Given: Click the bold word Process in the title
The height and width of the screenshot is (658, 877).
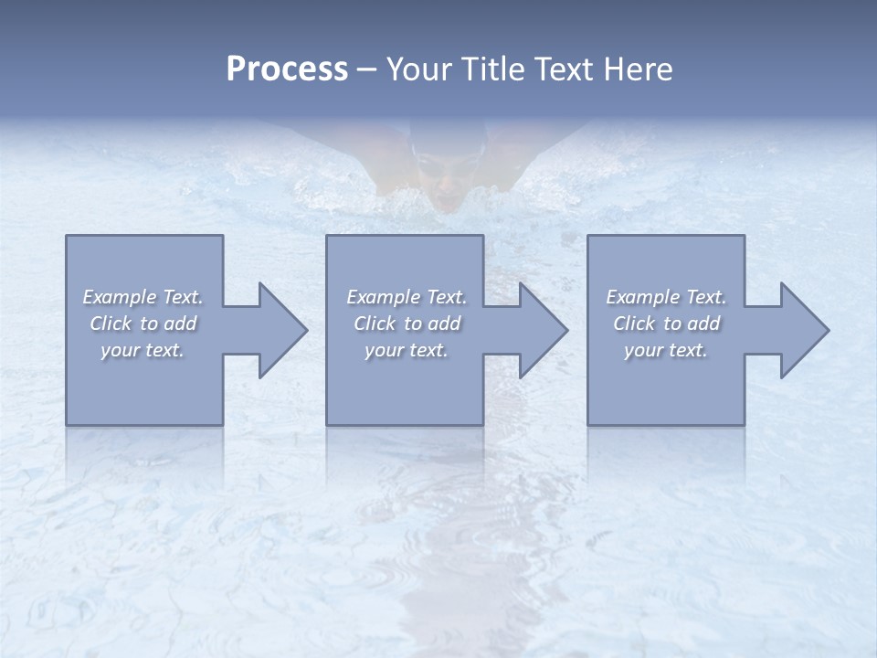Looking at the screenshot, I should [x=287, y=69].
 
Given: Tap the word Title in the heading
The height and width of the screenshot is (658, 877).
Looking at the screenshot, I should [x=492, y=69].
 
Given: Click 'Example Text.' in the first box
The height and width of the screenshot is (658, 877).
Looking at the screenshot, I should [x=143, y=297].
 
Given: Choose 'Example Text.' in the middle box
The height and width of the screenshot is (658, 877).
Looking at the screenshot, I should [x=407, y=297].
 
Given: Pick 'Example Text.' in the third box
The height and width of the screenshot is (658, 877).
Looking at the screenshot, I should [x=666, y=297].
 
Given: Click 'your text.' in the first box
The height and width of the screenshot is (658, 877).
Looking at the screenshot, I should [x=143, y=350].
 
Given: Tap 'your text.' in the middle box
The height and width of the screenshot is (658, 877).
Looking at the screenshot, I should [x=407, y=350].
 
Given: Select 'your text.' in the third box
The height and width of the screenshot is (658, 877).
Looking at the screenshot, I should [x=666, y=350].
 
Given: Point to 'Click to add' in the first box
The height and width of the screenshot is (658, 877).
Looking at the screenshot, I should [x=143, y=324].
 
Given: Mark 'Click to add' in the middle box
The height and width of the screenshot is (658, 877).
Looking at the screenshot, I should [x=407, y=324].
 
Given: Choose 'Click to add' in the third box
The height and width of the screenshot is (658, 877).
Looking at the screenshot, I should [x=666, y=324].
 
